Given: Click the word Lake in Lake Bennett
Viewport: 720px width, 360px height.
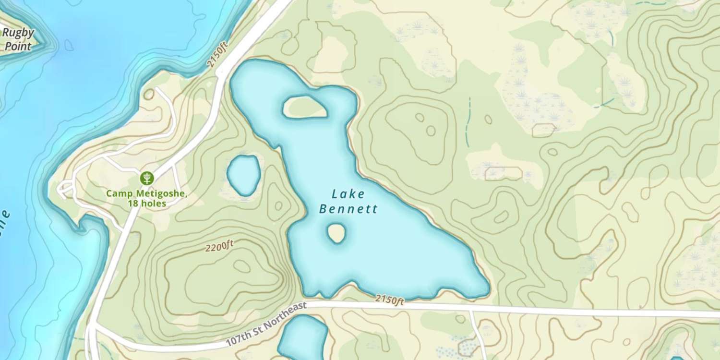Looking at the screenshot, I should click(348, 194).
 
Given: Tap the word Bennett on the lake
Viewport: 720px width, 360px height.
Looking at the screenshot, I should click(348, 209).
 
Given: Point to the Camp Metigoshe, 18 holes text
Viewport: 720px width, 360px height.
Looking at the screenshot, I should click(146, 199).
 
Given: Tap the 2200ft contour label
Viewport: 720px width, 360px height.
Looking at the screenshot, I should click(219, 247).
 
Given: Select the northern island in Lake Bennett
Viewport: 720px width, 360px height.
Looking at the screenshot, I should click(305, 107).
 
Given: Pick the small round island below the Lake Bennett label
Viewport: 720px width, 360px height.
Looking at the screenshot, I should click(336, 234).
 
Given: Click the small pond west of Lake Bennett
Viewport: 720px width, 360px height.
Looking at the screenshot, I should click(244, 175).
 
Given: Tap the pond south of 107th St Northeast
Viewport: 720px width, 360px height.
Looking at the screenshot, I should click(302, 338).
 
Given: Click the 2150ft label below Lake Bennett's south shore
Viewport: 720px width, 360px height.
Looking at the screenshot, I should click(389, 300).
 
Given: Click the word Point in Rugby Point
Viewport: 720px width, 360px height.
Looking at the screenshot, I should click(18, 47).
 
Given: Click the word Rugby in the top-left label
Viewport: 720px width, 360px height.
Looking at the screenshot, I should click(18, 33).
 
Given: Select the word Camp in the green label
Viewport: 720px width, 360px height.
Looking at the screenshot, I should click(117, 194).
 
